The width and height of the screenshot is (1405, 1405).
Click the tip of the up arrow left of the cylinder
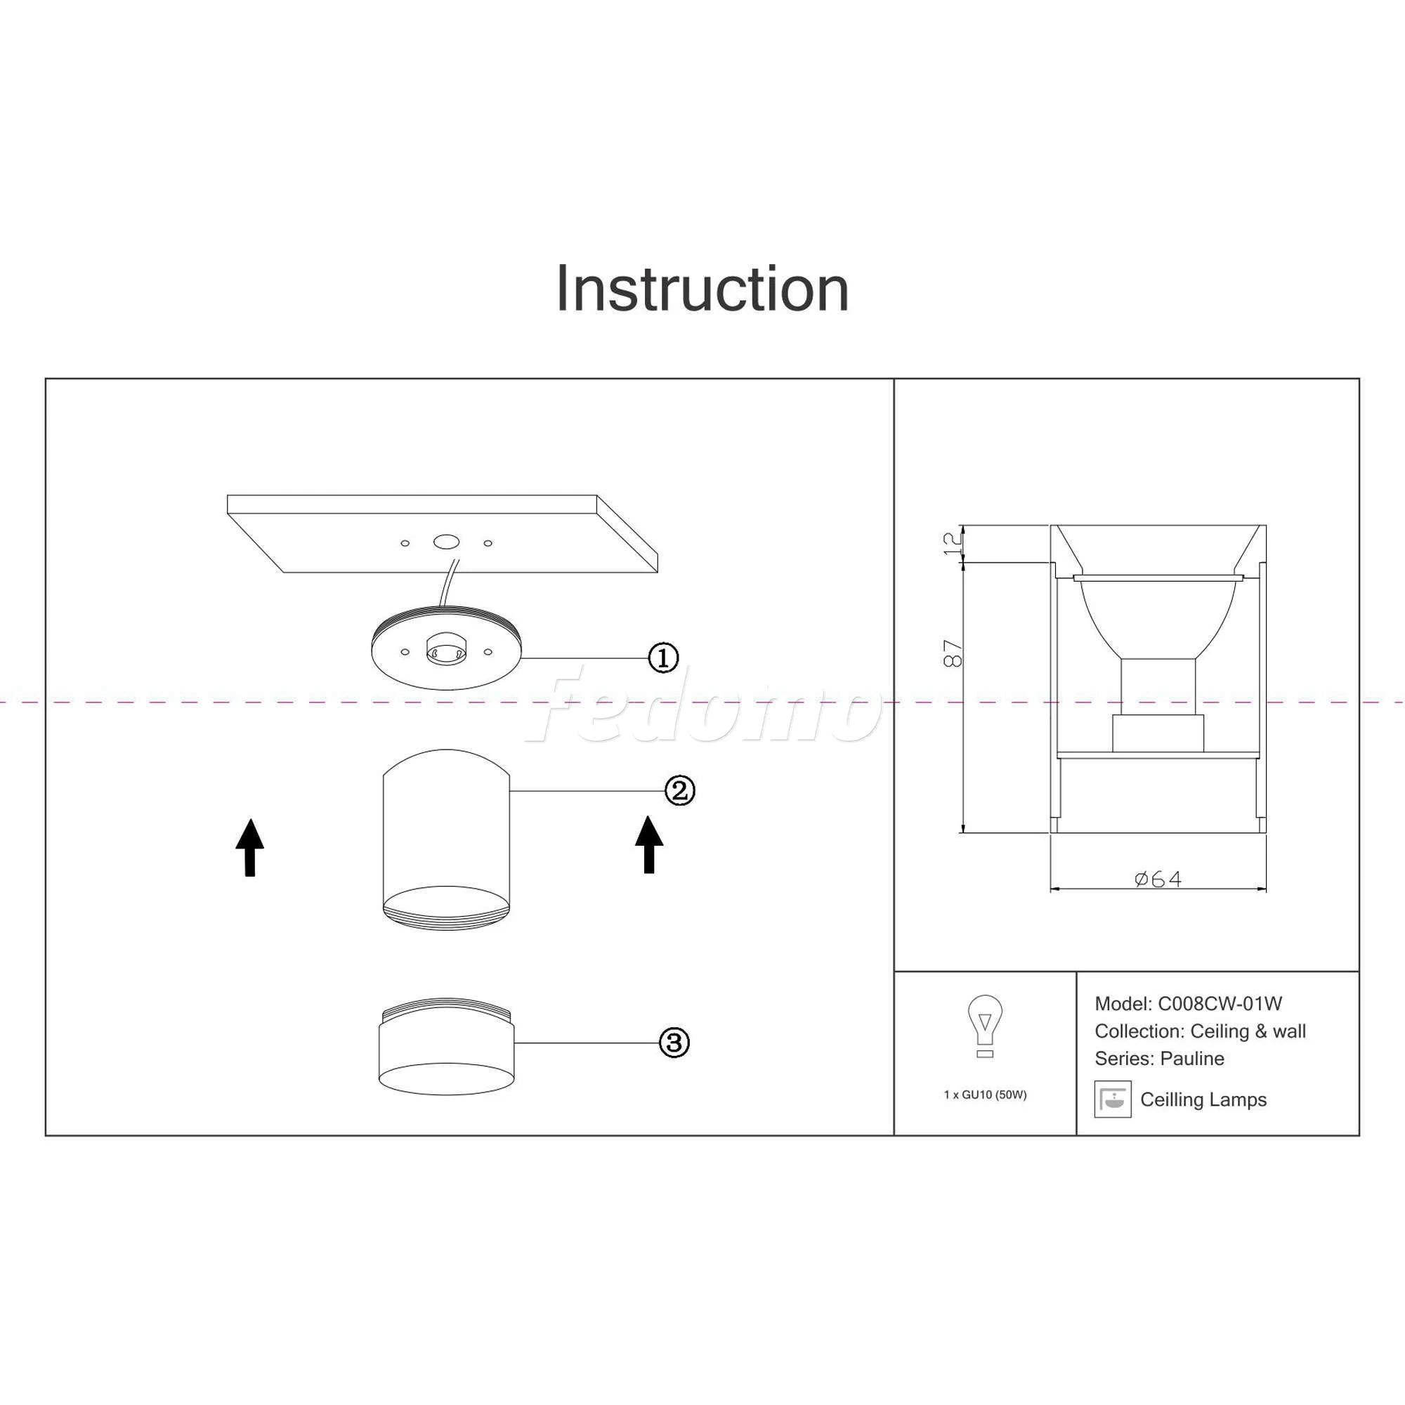(x=249, y=820)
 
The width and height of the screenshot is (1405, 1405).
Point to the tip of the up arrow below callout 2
(x=648, y=816)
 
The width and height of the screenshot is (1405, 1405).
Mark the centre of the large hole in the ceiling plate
(x=446, y=542)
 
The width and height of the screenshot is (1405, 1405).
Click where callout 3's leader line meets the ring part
(x=514, y=1043)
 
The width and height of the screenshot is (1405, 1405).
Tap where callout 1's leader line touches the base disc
(x=521, y=658)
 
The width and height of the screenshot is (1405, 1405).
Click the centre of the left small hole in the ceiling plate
(x=405, y=543)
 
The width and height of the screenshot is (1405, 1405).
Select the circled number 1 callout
(x=663, y=658)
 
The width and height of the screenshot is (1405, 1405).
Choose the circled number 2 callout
(x=680, y=790)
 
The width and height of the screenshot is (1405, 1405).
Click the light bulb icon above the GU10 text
(x=985, y=1026)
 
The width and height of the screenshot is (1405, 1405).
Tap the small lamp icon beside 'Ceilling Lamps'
(x=1113, y=1099)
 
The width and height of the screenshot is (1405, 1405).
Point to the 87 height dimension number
(x=953, y=653)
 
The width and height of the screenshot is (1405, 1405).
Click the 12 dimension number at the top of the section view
(x=952, y=543)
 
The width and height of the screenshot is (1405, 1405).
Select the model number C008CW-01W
(x=1220, y=1004)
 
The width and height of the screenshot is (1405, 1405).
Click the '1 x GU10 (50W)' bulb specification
(x=985, y=1094)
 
